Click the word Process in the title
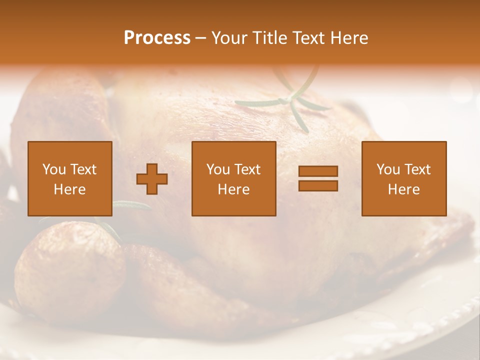[157, 38]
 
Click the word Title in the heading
[270, 38]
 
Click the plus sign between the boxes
[152, 179]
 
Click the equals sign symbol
[318, 178]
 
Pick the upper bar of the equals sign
[318, 171]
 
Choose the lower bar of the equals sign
[318, 185]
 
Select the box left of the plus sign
[70, 178]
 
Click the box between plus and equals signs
[234, 178]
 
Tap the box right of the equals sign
[404, 178]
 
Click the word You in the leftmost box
[53, 169]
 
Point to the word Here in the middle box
[234, 189]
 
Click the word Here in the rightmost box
[404, 189]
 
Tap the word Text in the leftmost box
[83, 169]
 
